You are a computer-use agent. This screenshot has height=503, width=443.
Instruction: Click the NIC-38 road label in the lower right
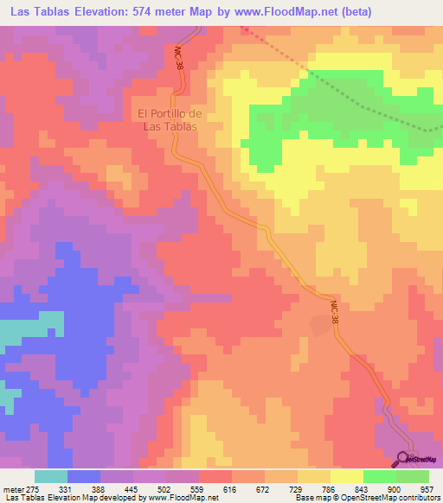point(335,314)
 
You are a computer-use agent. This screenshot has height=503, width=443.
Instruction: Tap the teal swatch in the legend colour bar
point(51,477)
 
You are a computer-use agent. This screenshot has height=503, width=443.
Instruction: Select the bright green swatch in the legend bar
point(379,477)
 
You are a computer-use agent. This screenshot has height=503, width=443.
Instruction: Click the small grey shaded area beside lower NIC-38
point(320,324)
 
